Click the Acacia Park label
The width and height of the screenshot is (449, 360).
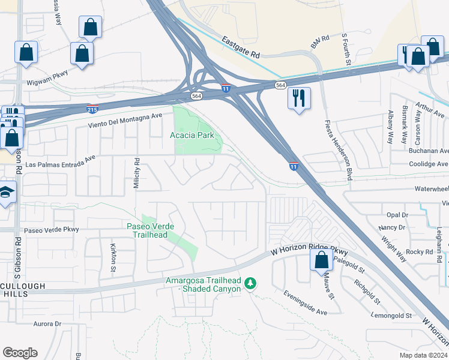[x=192, y=135]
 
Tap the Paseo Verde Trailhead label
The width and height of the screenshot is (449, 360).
[x=151, y=230]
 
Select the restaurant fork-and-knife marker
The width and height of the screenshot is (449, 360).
[x=299, y=97]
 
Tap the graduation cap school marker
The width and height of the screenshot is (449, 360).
[x=6, y=193]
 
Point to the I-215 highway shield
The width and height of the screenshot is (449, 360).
[x=92, y=109]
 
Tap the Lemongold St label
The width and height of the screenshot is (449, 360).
[x=391, y=315]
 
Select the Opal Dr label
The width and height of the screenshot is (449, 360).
[x=397, y=214]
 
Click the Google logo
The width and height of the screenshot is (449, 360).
[x=20, y=353]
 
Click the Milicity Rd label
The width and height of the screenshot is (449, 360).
[x=137, y=173]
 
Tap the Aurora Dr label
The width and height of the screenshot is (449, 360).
[x=47, y=324]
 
